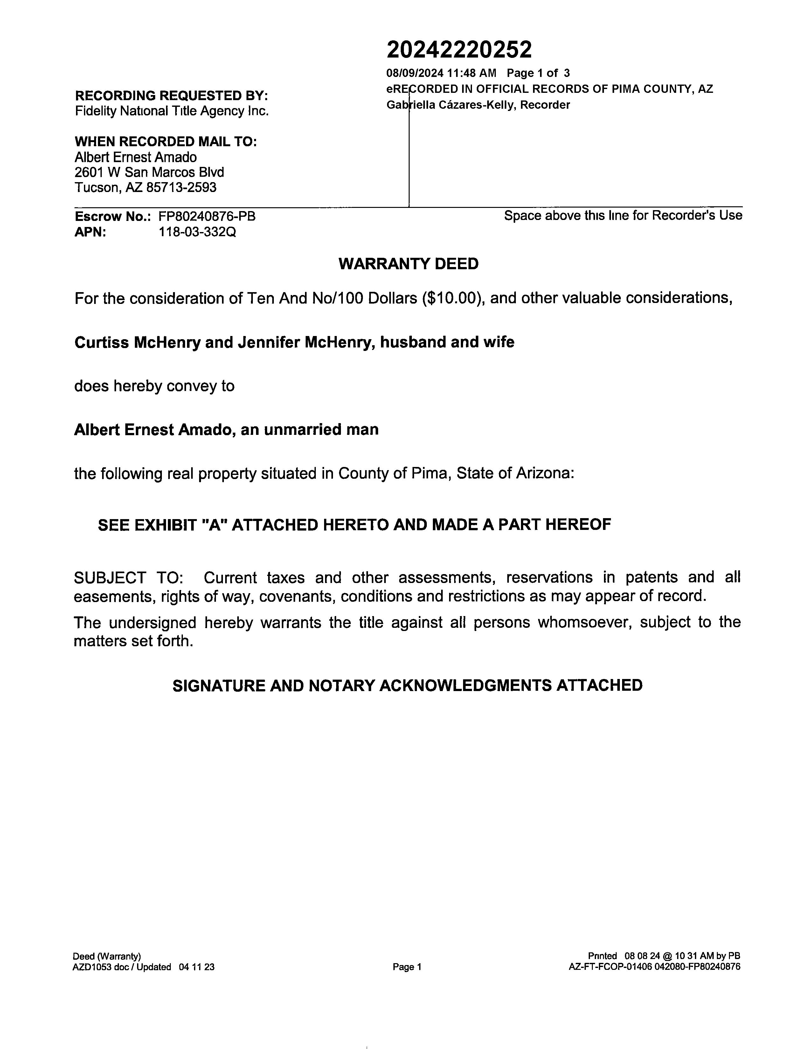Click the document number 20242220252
[459, 50]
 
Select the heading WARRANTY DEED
[408, 264]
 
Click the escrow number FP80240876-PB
[207, 216]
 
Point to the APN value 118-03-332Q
[197, 232]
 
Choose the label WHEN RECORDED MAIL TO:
[166, 142]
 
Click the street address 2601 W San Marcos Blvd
[149, 172]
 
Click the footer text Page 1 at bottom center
[407, 967]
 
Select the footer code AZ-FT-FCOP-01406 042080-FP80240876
[655, 967]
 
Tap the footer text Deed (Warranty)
[107, 956]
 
